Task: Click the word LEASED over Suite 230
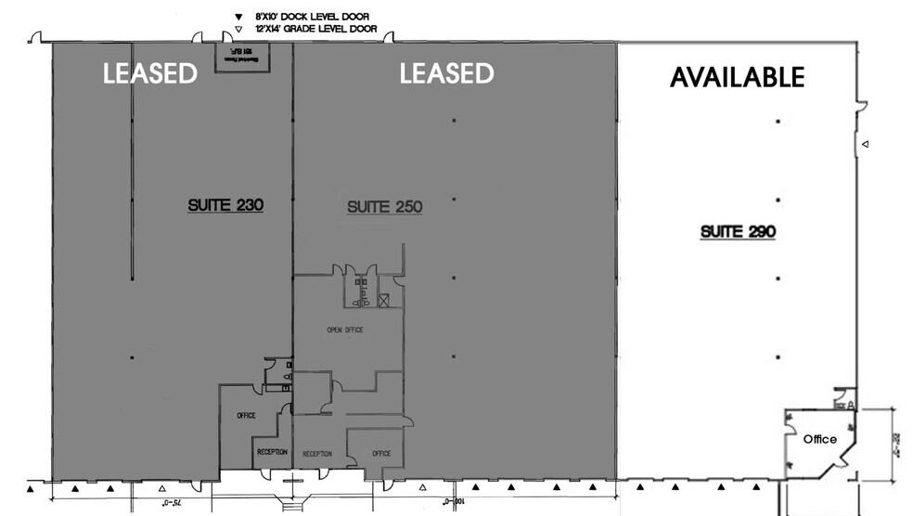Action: (150, 73)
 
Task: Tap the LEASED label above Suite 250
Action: (446, 73)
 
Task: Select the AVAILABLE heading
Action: (737, 77)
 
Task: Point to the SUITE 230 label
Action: (225, 205)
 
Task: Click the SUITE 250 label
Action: (384, 207)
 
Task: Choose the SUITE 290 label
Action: (738, 231)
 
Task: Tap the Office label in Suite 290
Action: (820, 439)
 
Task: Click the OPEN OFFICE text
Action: (344, 329)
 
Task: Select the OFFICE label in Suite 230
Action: (246, 416)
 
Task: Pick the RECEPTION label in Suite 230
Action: (272, 452)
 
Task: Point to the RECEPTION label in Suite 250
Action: (317, 454)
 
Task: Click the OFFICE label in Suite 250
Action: (381, 453)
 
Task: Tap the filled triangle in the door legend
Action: (239, 18)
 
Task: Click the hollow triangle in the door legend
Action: (239, 29)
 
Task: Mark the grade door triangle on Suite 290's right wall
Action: (864, 145)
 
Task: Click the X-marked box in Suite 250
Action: (383, 300)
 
